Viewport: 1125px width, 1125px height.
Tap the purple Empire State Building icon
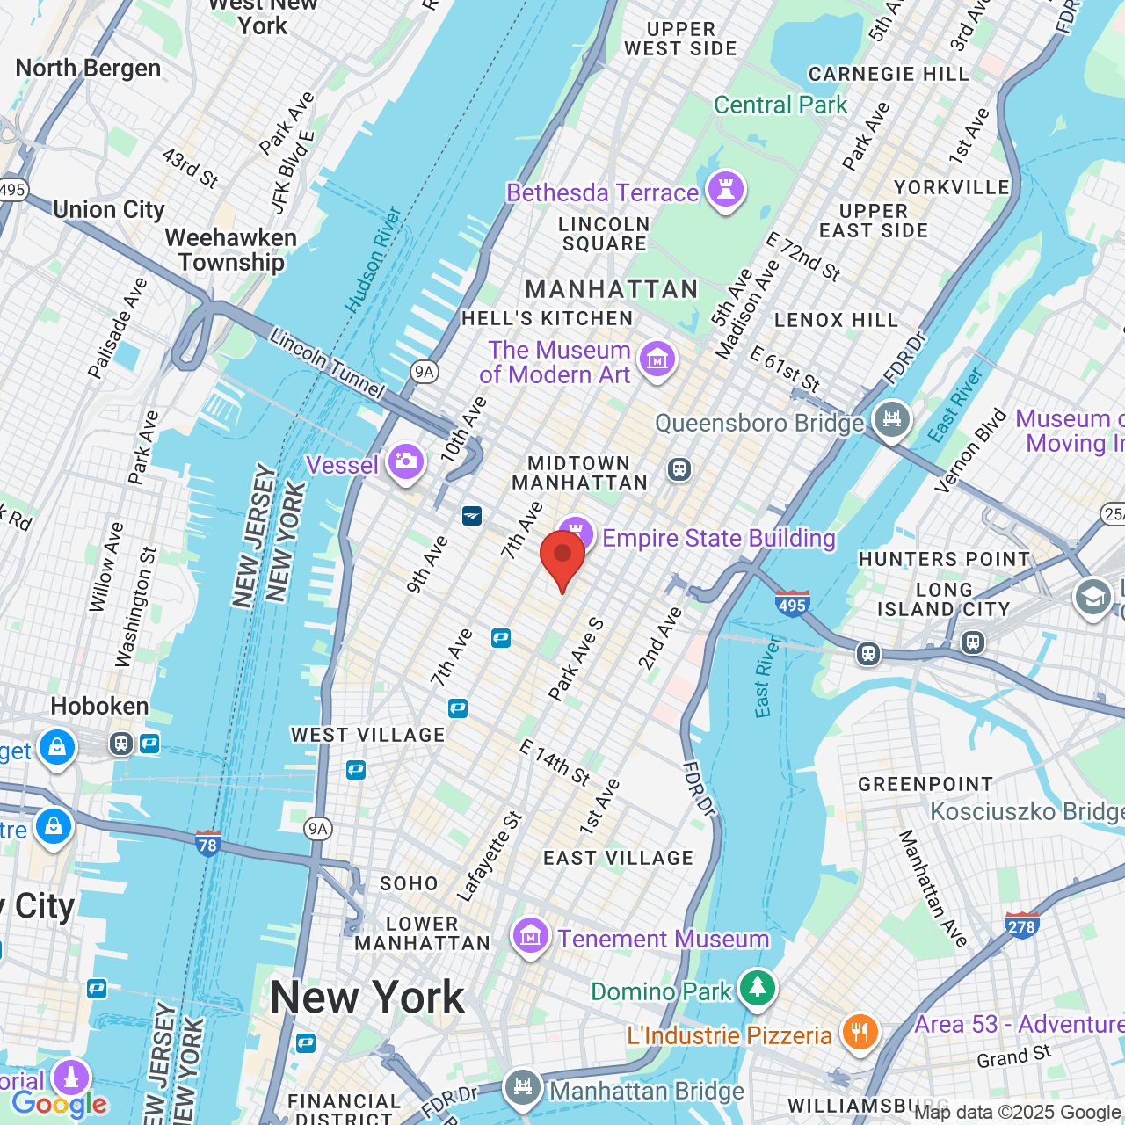(576, 532)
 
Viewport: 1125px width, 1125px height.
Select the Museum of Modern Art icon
(657, 359)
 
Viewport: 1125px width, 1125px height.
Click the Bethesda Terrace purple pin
(726, 189)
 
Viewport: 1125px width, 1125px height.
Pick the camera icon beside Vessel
(406, 461)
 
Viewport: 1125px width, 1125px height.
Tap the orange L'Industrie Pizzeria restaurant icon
(860, 1032)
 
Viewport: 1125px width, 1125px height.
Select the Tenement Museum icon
(530, 936)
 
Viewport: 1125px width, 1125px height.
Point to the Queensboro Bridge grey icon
(892, 419)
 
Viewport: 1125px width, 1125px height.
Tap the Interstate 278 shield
(1021, 924)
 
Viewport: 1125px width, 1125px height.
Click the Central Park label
(780, 105)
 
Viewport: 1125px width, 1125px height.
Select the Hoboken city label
(99, 707)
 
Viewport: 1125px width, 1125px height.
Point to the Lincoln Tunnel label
(327, 363)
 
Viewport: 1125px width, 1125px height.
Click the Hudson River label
(373, 260)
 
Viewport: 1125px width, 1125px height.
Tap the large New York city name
(367, 998)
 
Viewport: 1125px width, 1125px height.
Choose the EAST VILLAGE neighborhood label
(618, 858)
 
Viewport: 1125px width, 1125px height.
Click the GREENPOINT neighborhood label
(925, 784)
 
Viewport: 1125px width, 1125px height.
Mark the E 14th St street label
(555, 762)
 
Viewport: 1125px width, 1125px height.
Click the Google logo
(60, 1104)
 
